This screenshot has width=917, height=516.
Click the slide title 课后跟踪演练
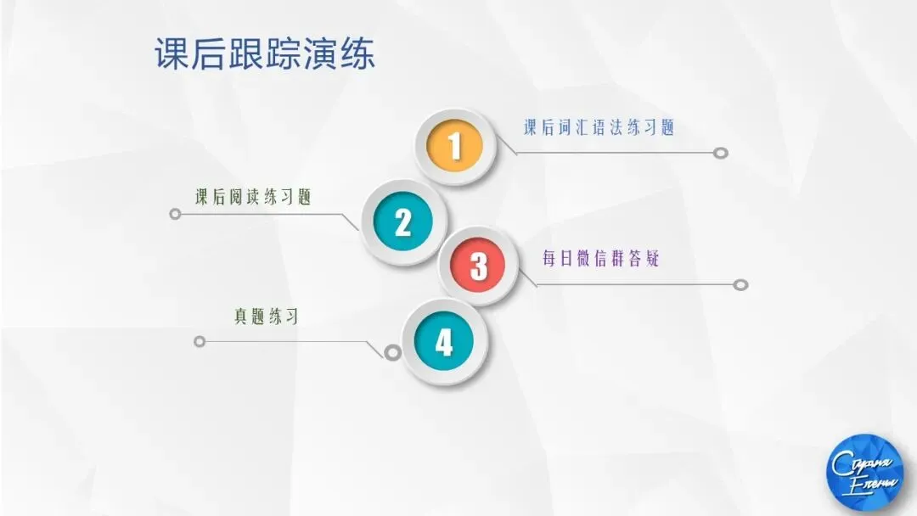264,54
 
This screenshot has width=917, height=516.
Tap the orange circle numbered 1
454,146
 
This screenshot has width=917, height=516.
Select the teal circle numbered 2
402,222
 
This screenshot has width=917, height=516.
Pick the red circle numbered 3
479,266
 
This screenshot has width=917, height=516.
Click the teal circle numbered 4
443,342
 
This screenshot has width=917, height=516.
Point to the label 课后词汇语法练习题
599,127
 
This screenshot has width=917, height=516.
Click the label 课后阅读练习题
253,198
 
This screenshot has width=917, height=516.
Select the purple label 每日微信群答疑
600,259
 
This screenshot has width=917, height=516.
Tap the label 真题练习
266,317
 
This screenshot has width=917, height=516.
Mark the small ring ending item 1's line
721,154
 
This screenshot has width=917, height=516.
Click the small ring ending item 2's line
176,214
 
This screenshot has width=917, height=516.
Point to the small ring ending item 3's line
740,284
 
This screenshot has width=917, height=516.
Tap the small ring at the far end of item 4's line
200,341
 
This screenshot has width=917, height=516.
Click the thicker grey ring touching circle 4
392,351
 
